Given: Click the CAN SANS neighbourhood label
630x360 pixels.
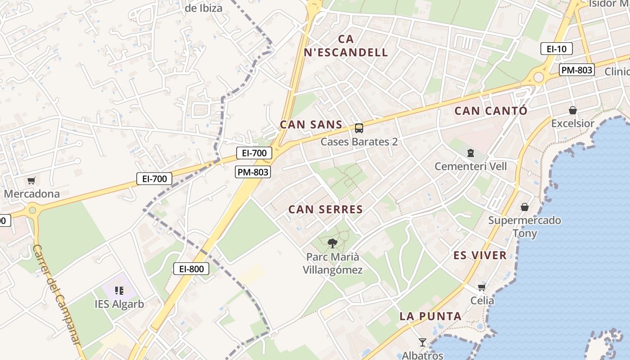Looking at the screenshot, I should click(x=311, y=125).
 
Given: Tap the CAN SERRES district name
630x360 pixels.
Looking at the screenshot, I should click(x=325, y=209).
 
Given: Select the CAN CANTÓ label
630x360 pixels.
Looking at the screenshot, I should click(x=490, y=111).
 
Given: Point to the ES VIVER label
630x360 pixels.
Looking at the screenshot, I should click(x=480, y=256).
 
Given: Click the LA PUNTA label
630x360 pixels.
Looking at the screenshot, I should click(x=430, y=316).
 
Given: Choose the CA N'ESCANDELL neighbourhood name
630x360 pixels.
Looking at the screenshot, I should click(x=346, y=46).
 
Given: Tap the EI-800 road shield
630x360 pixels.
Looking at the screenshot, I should click(x=191, y=269).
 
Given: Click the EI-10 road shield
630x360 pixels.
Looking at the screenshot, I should click(x=556, y=49).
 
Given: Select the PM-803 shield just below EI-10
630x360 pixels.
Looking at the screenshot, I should click(x=576, y=70).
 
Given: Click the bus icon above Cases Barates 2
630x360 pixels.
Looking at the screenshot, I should click(x=359, y=128).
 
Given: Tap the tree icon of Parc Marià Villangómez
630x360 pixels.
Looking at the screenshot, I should click(x=333, y=243).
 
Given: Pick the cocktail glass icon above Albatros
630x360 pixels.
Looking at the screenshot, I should click(x=422, y=342).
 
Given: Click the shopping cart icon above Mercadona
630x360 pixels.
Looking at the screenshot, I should click(x=31, y=181).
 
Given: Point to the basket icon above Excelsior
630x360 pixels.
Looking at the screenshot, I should click(x=572, y=110).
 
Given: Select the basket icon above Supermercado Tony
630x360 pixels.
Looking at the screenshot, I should click(x=524, y=207).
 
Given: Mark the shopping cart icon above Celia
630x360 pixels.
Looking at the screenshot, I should click(x=481, y=287).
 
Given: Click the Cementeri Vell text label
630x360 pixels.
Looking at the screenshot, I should click(x=470, y=166).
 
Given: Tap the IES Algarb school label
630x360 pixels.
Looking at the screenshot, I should click(x=119, y=304).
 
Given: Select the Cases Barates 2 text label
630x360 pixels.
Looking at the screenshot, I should click(x=359, y=142).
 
